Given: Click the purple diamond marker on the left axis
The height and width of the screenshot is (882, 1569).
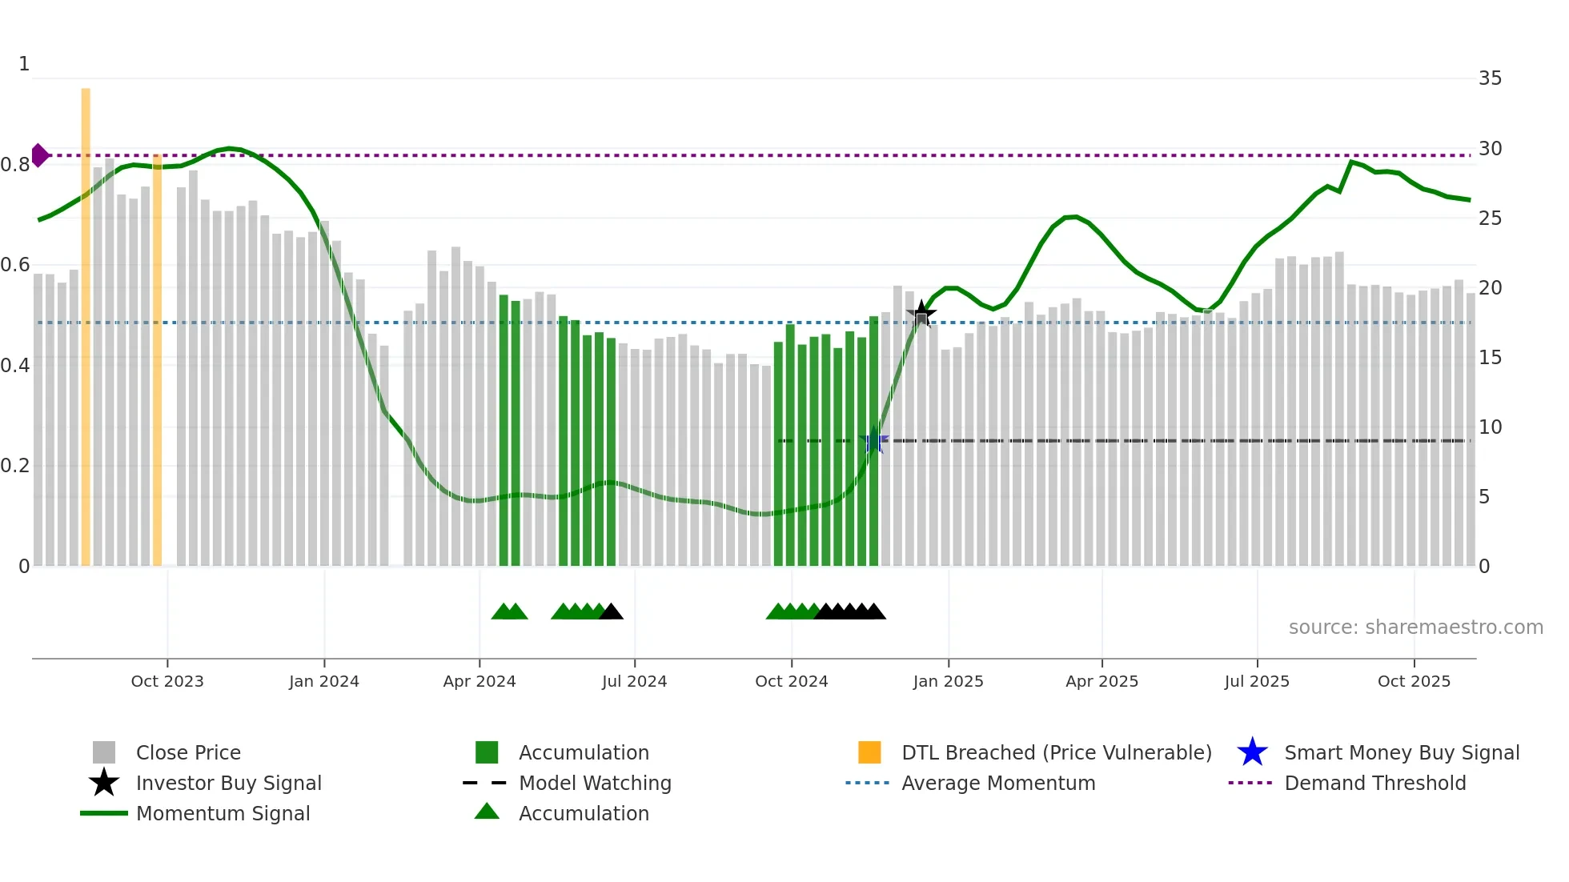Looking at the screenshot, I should [39, 155].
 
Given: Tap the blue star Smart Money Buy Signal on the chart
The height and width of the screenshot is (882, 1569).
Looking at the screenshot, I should [874, 441].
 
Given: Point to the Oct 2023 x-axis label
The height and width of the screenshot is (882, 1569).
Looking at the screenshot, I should [167, 681].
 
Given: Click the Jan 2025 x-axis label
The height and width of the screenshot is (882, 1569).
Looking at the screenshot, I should [948, 681].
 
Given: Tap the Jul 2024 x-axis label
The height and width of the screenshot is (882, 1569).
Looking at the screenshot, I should [634, 681].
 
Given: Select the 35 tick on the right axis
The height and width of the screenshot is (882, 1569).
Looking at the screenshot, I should [1490, 78].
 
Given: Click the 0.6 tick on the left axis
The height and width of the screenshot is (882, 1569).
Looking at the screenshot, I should [15, 265].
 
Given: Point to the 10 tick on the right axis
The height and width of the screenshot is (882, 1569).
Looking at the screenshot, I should [1490, 427].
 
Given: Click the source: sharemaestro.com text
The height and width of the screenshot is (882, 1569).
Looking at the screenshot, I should [1415, 627].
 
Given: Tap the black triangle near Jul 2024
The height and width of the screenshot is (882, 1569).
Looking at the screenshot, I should [612, 612].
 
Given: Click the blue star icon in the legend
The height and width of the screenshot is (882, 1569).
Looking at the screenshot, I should [1252, 752].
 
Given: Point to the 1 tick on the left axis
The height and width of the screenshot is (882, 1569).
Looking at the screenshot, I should [24, 64].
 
